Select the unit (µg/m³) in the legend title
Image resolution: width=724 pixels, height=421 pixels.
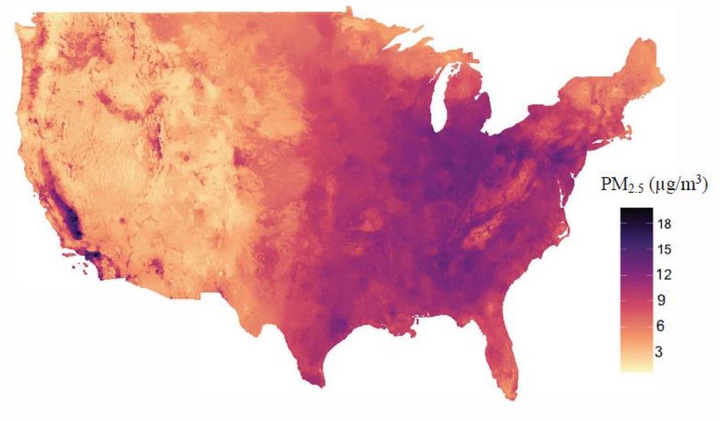pos(677,187)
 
